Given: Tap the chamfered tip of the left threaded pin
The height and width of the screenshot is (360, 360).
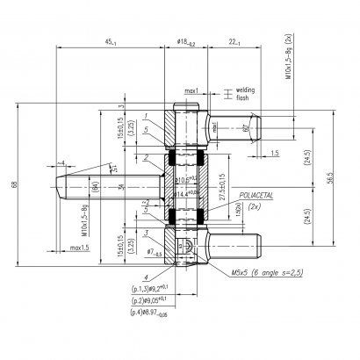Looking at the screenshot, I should click(x=62, y=187).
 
